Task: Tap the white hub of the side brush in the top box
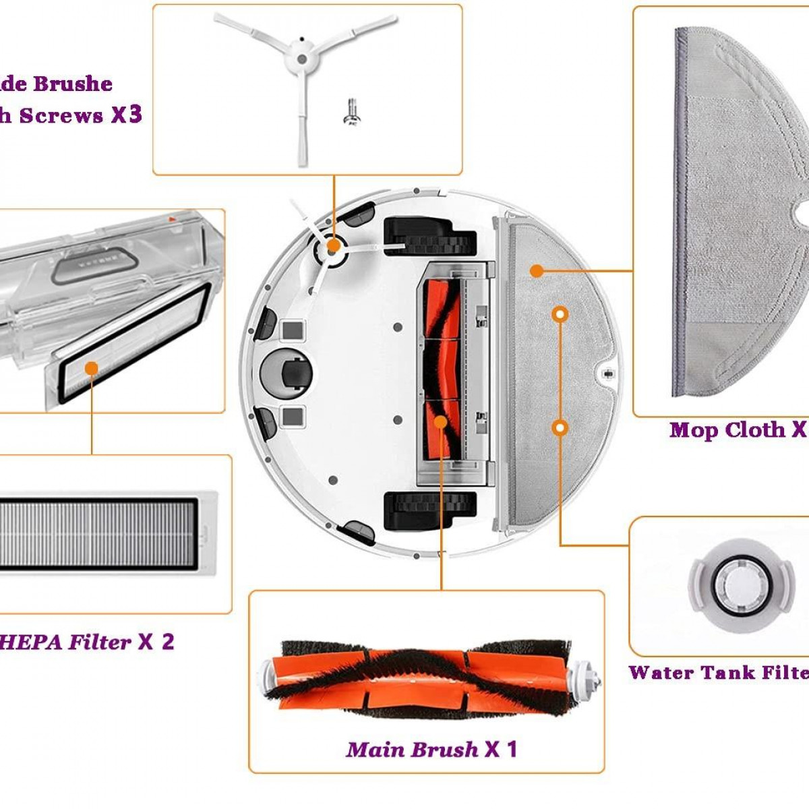(x=301, y=59)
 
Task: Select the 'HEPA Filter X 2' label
(x=88, y=641)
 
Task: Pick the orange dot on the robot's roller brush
(x=441, y=421)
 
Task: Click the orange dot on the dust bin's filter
(x=91, y=367)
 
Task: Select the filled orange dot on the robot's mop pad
(x=537, y=270)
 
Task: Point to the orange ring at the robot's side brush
(x=332, y=247)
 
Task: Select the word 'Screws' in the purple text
(x=61, y=115)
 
